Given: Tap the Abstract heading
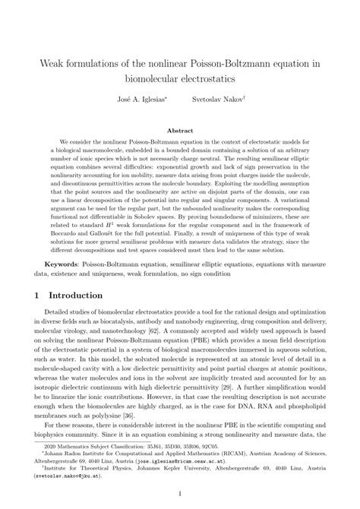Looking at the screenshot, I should [179, 131].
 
